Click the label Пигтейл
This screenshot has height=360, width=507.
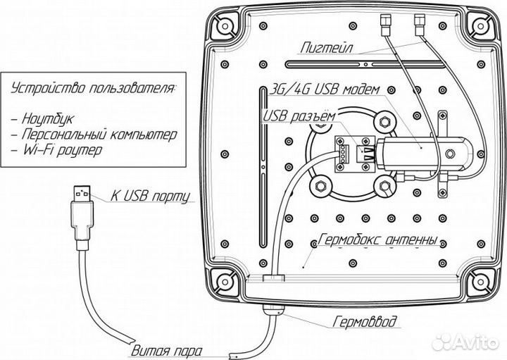click(x=327, y=48)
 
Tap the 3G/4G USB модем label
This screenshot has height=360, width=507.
click(x=325, y=89)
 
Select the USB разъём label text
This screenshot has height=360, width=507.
click(x=299, y=116)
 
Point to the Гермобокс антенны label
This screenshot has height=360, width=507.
click(x=377, y=240)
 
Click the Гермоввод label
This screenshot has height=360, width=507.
click(x=365, y=322)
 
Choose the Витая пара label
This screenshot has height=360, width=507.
click(x=167, y=351)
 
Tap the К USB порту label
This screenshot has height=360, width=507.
click(x=150, y=196)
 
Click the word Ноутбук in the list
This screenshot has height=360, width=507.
click(x=48, y=118)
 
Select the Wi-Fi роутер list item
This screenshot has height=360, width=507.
click(x=62, y=150)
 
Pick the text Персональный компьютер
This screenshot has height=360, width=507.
click(x=99, y=135)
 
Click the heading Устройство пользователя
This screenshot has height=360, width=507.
click(x=94, y=88)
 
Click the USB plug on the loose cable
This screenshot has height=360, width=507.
click(x=82, y=218)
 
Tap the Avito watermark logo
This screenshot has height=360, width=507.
click(x=466, y=342)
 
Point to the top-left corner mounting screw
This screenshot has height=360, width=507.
click(x=225, y=25)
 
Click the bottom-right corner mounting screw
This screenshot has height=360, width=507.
click(x=480, y=282)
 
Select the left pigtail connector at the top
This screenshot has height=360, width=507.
click(x=384, y=25)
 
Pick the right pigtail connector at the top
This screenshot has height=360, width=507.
click(x=420, y=25)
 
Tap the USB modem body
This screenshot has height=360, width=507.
click(x=424, y=153)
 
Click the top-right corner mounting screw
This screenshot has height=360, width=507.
click(x=480, y=25)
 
